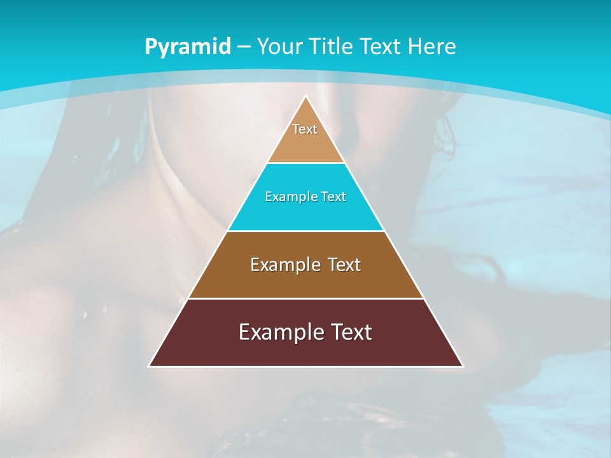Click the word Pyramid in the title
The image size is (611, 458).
187,47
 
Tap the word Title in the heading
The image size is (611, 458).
334,46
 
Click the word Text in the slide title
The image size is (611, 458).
381,46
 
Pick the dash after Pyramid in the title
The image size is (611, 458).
243,47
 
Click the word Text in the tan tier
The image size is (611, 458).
305,129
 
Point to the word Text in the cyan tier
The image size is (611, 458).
334,197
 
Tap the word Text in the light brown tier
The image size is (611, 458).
344,265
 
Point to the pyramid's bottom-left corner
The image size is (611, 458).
150,366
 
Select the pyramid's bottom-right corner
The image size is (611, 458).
463,366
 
